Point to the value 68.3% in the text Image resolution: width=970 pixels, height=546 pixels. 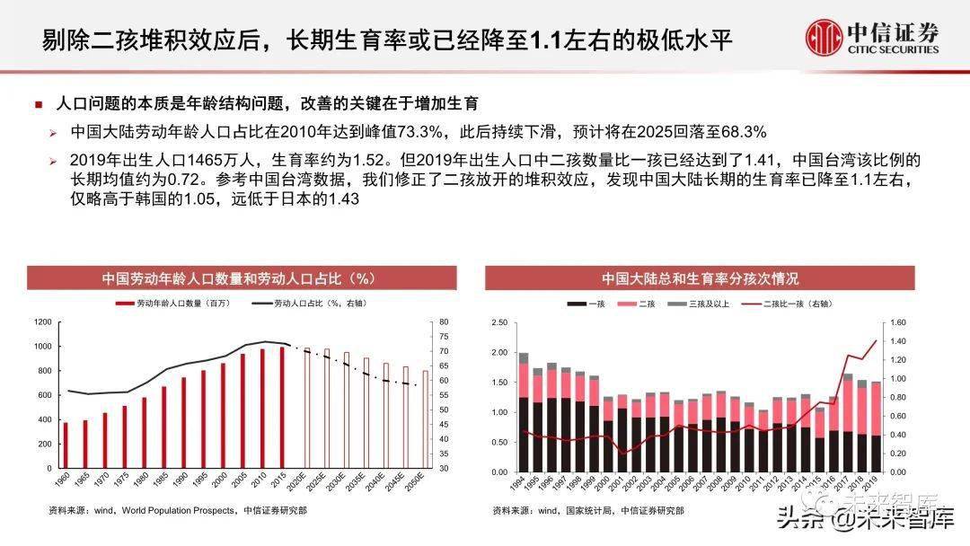click(744, 132)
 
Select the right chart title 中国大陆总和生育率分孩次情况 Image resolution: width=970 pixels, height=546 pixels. click(700, 278)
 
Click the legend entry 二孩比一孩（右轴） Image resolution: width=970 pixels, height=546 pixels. click(790, 304)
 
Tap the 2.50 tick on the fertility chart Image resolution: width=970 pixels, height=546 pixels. click(500, 321)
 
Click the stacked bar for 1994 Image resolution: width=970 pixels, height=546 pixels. click(524, 412)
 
